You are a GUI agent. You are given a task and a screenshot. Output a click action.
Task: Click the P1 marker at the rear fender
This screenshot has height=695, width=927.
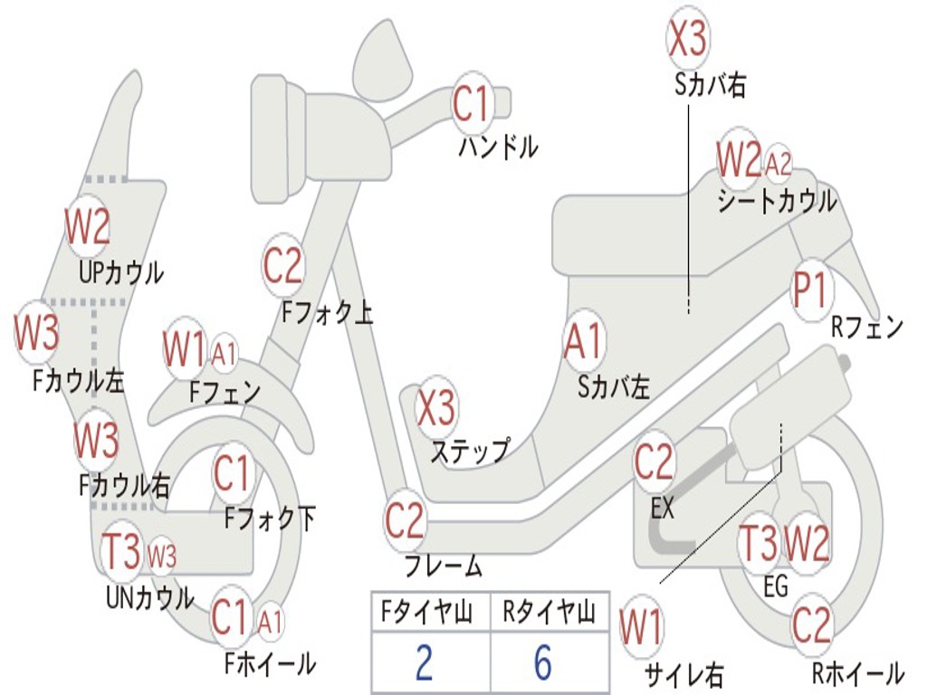tap(810, 290)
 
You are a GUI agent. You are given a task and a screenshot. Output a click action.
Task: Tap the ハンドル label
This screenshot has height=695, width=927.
tap(499, 147)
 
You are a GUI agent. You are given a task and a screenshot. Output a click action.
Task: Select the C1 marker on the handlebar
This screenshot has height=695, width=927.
tap(473, 104)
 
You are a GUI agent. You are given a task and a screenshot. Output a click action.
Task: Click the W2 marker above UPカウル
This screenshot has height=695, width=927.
tap(88, 226)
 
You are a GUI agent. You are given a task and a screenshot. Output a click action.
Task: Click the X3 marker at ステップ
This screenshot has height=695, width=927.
tap(437, 407)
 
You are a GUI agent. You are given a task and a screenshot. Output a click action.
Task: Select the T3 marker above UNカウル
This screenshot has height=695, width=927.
tap(122, 549)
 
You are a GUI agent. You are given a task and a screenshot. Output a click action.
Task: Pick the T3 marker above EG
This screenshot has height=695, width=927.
tap(760, 543)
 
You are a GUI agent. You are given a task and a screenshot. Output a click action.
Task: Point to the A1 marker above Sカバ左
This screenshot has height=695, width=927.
tap(584, 341)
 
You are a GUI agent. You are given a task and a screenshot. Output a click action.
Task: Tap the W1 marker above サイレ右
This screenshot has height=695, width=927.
tap(641, 627)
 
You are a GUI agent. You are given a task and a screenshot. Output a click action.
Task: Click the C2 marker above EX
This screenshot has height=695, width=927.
tap(654, 462)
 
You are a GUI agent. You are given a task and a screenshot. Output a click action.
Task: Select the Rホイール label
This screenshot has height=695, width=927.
tap(858, 672)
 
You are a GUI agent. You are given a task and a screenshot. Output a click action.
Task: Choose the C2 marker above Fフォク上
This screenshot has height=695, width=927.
tap(283, 265)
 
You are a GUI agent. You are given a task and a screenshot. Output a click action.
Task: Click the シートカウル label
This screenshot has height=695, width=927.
tap(778, 201)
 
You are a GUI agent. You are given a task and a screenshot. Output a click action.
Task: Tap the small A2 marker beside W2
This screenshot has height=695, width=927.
tap(778, 164)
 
